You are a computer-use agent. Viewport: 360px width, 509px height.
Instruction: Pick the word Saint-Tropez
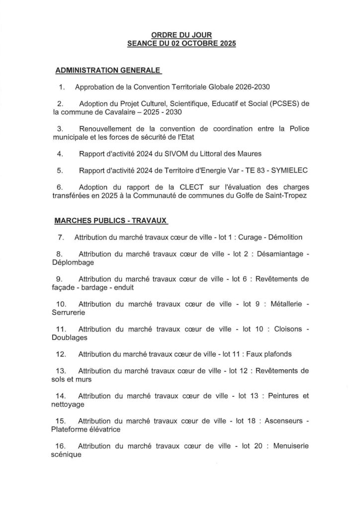pyautogui.click(x=284, y=196)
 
